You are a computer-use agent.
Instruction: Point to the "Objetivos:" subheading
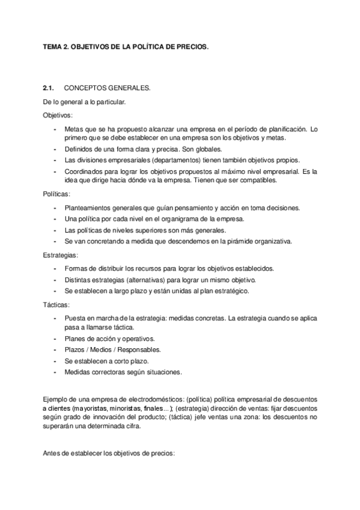click(x=58, y=115)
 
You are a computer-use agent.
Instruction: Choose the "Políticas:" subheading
click(x=56, y=194)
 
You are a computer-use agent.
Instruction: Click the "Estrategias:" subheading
click(x=60, y=256)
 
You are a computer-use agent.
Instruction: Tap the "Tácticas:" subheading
click(x=57, y=305)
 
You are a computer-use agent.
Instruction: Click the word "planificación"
click(x=285, y=129)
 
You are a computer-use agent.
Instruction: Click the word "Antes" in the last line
click(x=52, y=453)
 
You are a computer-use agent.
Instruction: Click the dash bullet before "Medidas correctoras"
click(x=55, y=372)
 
